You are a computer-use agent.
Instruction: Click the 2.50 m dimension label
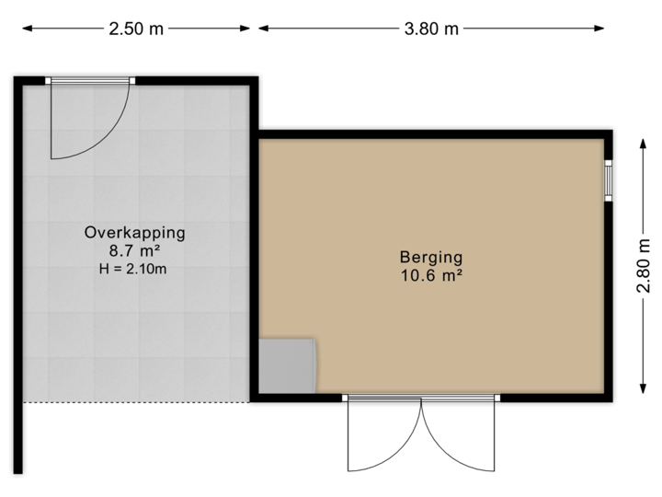(136, 29)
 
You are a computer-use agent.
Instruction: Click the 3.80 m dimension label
(431, 29)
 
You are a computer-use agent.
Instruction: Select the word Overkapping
(135, 233)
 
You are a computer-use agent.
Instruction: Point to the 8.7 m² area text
(135, 250)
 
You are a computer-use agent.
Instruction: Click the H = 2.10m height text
(135, 269)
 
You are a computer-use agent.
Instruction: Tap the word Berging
(430, 257)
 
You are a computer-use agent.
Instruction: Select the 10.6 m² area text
(430, 274)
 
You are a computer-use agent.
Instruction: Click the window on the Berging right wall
(609, 179)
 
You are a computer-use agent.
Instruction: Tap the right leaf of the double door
(460, 437)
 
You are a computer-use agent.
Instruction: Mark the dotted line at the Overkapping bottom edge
(138, 402)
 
